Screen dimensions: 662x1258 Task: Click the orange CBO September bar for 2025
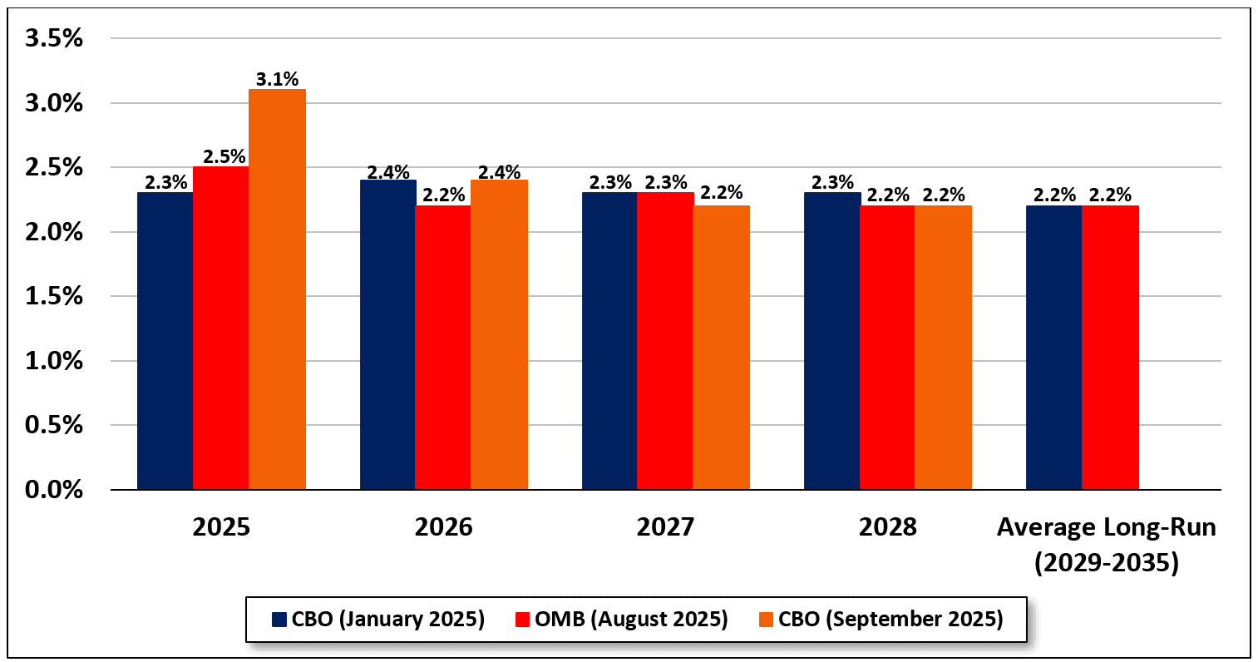[277, 289]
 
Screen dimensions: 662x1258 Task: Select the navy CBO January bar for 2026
[387, 334]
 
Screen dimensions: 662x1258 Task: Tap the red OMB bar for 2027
[665, 341]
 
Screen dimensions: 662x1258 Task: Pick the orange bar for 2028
[943, 348]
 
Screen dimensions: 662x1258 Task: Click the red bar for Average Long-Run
[1110, 348]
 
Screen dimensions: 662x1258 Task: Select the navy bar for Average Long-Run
[1053, 348]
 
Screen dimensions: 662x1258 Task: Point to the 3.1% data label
[277, 80]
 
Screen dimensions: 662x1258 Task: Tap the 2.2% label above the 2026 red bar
[443, 195]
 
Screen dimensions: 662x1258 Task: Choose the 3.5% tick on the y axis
[54, 38]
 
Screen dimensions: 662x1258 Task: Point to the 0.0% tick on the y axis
[54, 490]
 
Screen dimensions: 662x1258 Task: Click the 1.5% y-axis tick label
[54, 296]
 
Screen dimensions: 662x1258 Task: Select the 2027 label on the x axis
[665, 527]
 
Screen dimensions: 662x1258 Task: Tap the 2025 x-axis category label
[221, 527]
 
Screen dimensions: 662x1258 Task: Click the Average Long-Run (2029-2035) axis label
[1106, 545]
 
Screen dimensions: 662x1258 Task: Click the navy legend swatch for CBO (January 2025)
[279, 620]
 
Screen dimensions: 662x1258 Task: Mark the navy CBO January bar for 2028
[831, 341]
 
